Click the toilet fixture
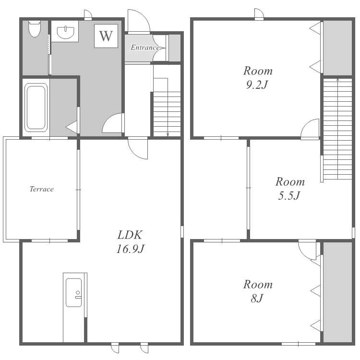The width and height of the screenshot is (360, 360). pyautogui.click(x=35, y=29)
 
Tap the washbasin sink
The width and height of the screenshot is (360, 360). pyautogui.click(x=65, y=33)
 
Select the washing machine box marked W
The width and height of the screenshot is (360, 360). pyautogui.click(x=106, y=36)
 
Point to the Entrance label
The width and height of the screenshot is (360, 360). pyautogui.click(x=145, y=48)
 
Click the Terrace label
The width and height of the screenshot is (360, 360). pyautogui.click(x=42, y=189)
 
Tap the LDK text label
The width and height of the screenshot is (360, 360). pyautogui.click(x=130, y=235)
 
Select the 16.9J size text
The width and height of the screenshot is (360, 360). pyautogui.click(x=131, y=249)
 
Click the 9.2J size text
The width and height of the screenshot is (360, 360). pyautogui.click(x=257, y=85)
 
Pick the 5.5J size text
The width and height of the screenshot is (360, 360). pyautogui.click(x=289, y=196)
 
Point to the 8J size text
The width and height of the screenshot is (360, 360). pyautogui.click(x=257, y=299)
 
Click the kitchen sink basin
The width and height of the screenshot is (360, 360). pyautogui.click(x=74, y=293)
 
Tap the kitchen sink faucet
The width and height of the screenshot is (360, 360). pyautogui.click(x=78, y=295)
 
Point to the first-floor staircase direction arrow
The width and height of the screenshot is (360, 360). pyautogui.click(x=168, y=107)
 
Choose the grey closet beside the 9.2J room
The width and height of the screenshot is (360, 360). pyautogui.click(x=337, y=48)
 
